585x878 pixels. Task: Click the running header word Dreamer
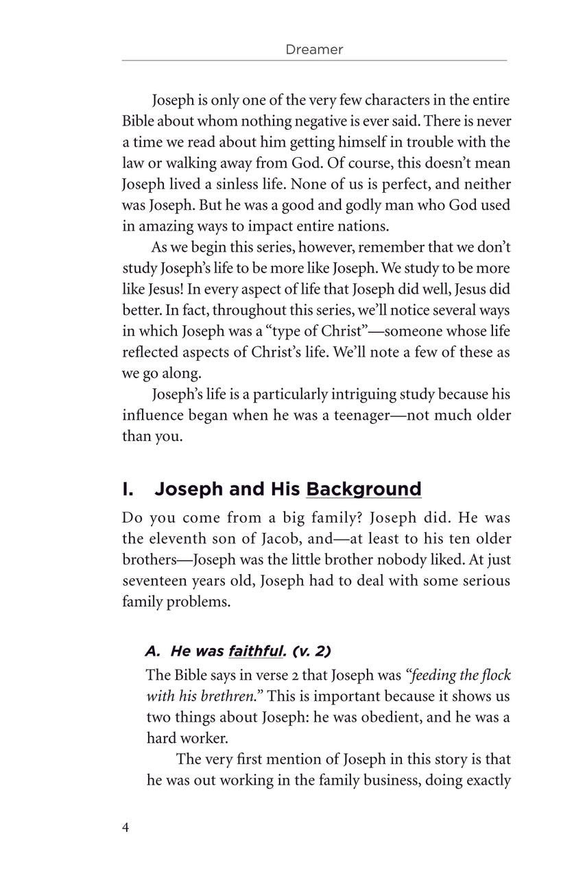click(x=313, y=49)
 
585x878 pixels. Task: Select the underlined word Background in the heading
click(x=363, y=489)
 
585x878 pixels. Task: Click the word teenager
click(x=329, y=416)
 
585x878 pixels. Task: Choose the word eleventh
click(x=171, y=539)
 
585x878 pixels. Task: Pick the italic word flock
click(x=495, y=675)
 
